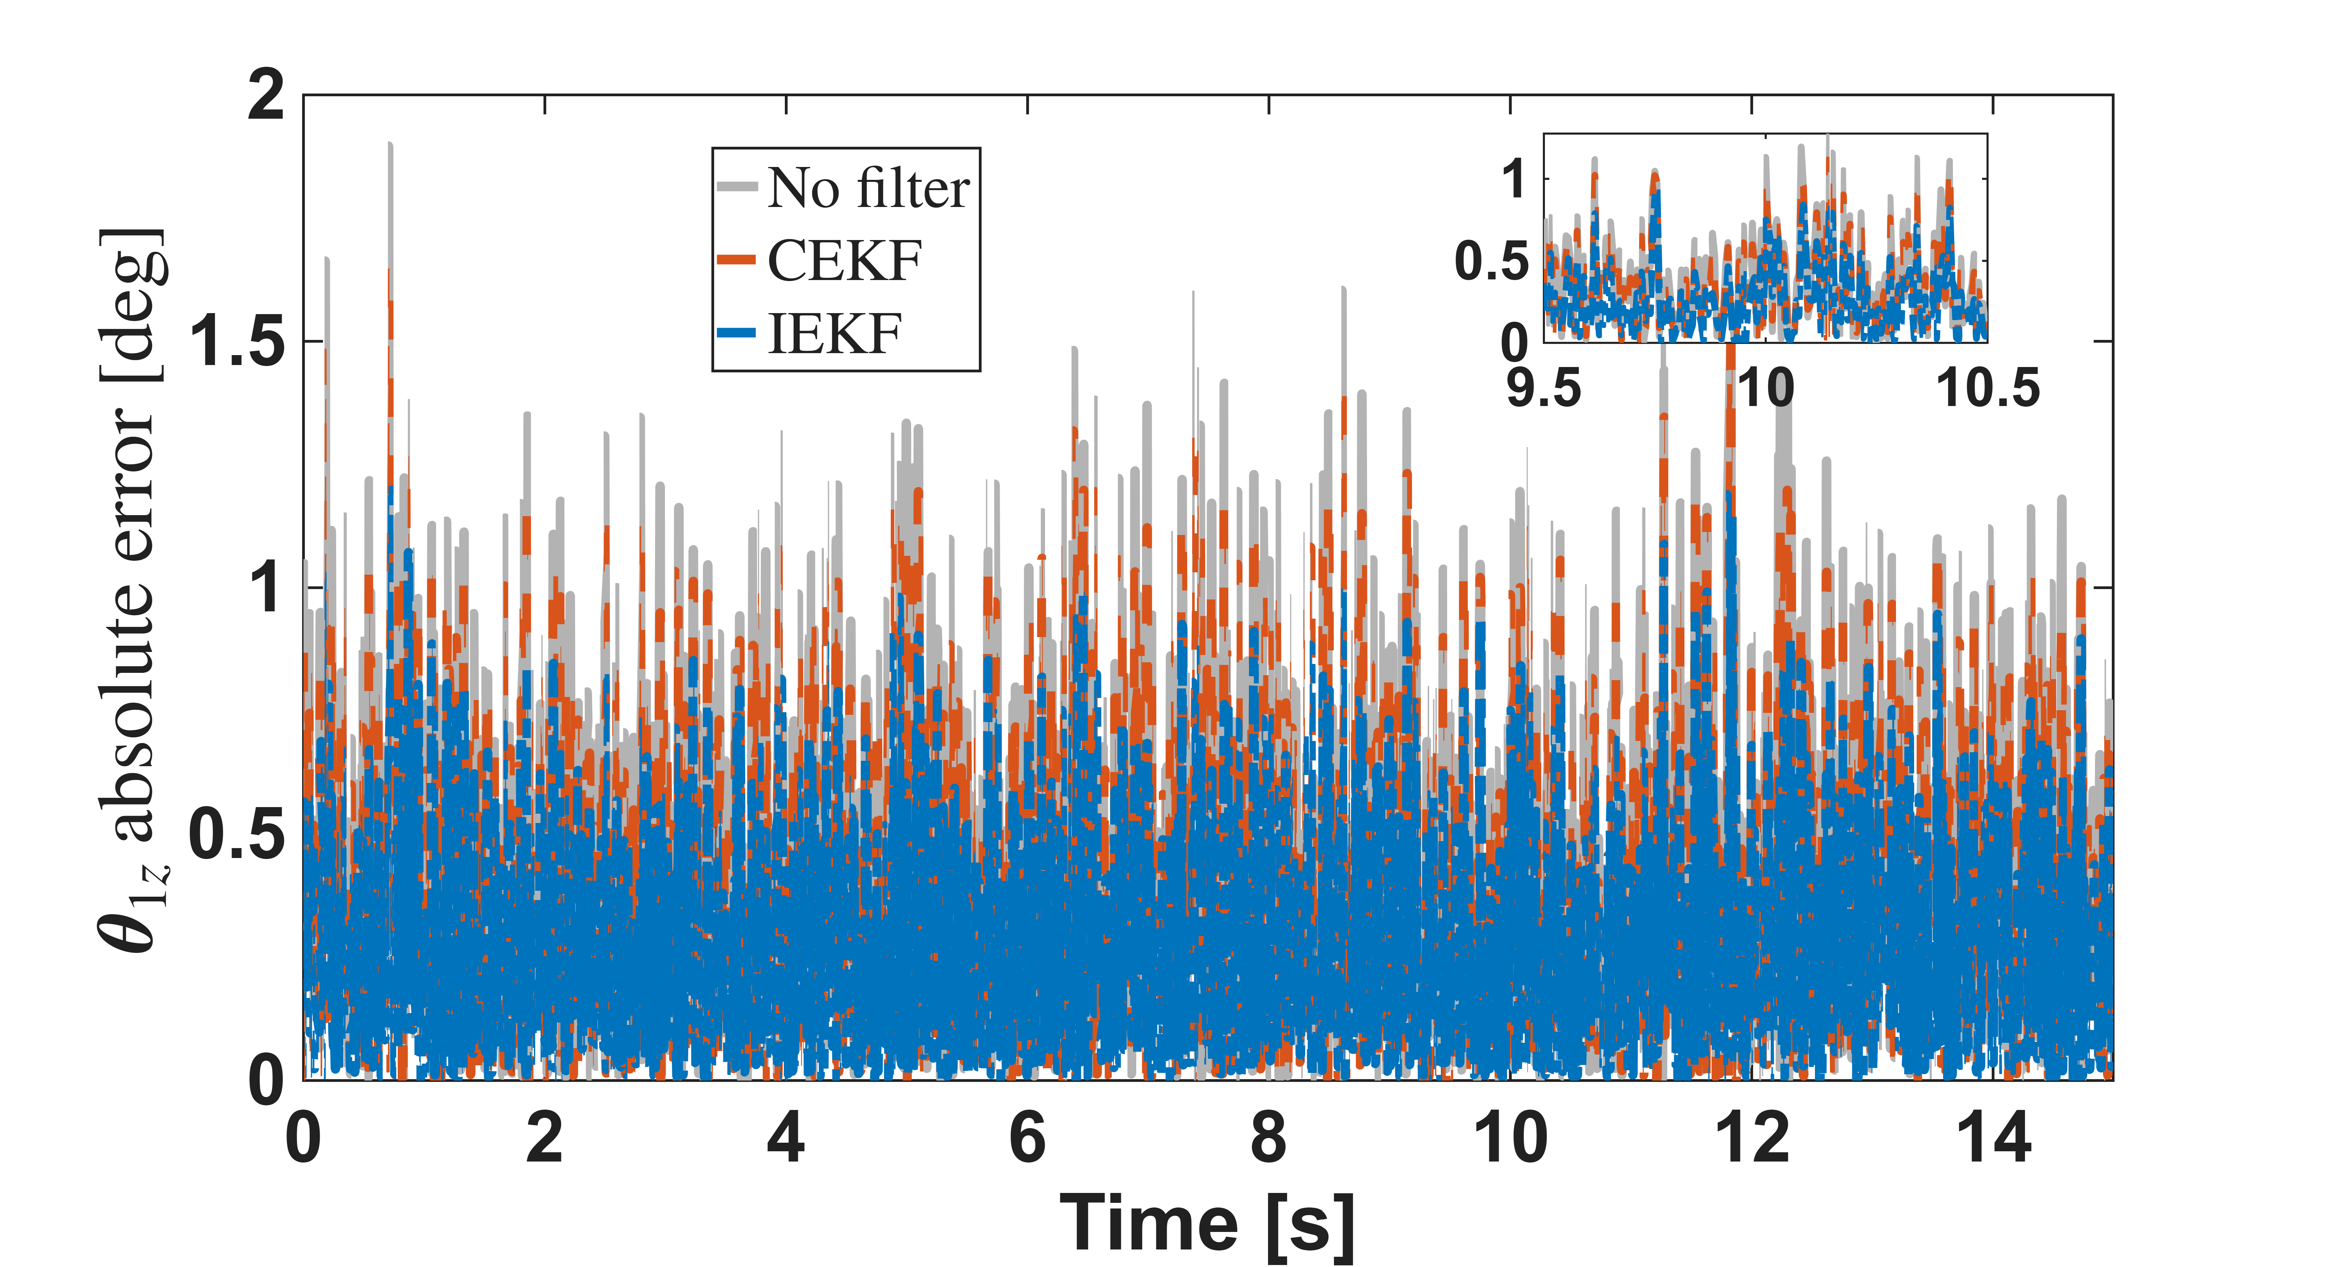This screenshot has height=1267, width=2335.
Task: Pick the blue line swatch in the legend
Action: pos(737,333)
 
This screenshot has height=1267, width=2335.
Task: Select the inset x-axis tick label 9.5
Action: pos(1544,388)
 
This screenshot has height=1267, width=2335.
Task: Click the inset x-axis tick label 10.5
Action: pos(1988,388)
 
